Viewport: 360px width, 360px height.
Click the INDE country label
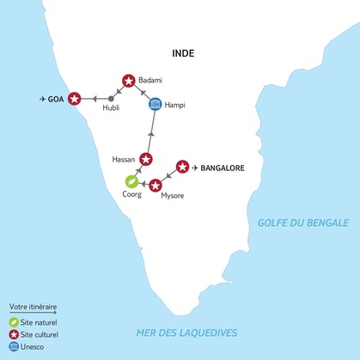coord(182,53)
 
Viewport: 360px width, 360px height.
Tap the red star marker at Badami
coord(129,81)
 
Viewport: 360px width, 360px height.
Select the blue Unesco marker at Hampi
coord(155,105)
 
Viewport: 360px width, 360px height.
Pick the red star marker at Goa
coord(75,99)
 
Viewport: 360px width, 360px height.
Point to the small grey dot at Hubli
coord(111,99)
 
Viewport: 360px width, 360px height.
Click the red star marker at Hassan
coord(146,159)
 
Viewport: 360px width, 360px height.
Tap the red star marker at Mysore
coord(156,185)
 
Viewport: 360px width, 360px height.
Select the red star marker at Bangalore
coord(181,166)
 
